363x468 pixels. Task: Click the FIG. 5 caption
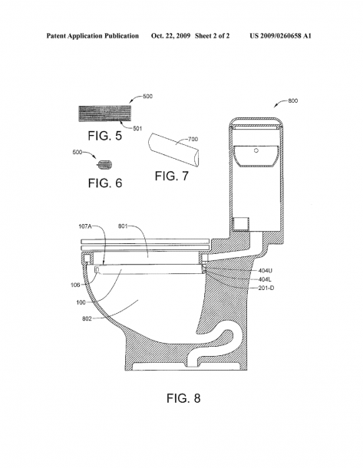[105, 136]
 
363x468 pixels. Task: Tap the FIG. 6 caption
[105, 183]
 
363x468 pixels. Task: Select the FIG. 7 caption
[172, 176]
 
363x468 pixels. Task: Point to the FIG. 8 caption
[183, 398]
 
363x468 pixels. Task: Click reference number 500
[147, 97]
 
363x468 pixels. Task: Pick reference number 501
[137, 129]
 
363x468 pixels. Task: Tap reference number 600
[78, 152]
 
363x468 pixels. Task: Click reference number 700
[193, 139]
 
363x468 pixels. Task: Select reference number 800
[293, 101]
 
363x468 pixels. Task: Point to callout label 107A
[85, 226]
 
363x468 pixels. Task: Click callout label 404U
[265, 271]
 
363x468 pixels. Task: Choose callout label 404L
[265, 279]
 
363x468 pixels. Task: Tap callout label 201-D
[266, 288]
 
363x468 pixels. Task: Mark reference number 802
[87, 318]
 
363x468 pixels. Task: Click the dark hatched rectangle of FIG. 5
[105, 114]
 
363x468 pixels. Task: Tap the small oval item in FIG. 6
[105, 164]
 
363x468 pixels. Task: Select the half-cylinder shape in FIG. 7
[173, 150]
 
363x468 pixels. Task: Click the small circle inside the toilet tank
[256, 150]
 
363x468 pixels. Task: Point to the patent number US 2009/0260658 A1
[281, 36]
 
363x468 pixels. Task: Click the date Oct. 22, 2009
[170, 36]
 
